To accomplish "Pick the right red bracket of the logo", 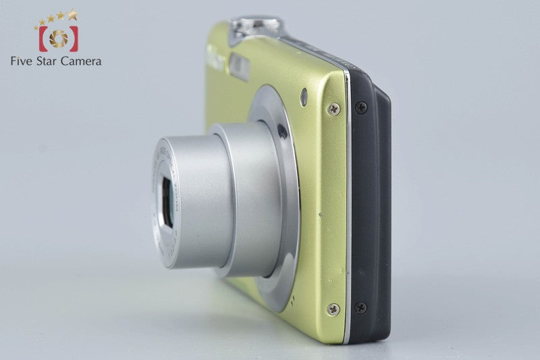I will pos(74,38).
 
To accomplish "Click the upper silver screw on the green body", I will pos(333,108).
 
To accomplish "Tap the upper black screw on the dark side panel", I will pos(361,107).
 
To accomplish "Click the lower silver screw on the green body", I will pos(333,309).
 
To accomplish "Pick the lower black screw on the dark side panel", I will pos(361,308).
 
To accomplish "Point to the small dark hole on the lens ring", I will pos(281,132).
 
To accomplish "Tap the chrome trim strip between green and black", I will pos(348,203).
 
